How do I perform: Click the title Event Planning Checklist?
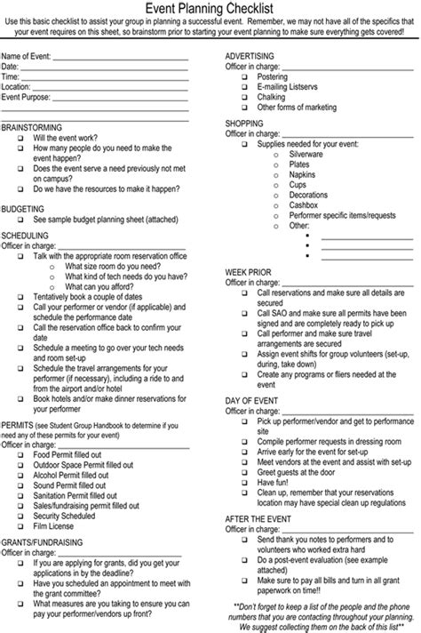tap(210, 8)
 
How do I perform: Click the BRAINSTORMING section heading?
tap(33, 127)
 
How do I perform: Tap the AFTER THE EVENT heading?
tap(259, 517)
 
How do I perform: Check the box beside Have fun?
tap(246, 481)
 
